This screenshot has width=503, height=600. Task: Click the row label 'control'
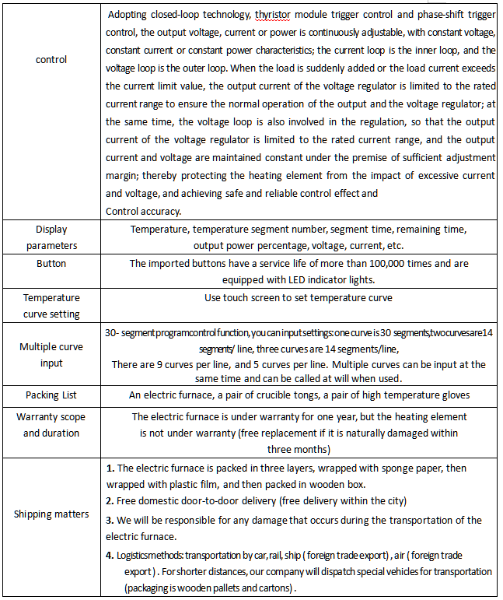click(x=51, y=59)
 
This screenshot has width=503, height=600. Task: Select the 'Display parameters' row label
click(x=51, y=237)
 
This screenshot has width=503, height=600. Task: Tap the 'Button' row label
click(x=51, y=264)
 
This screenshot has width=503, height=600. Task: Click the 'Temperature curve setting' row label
click(x=51, y=306)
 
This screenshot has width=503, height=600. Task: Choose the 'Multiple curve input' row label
click(x=51, y=355)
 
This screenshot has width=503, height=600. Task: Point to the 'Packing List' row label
click(x=51, y=395)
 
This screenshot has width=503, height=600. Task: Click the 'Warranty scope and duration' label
click(x=51, y=425)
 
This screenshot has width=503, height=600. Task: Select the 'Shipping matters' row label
click(x=51, y=514)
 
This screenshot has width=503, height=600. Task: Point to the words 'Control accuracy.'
click(x=143, y=210)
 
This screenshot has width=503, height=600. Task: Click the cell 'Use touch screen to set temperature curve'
click(x=299, y=297)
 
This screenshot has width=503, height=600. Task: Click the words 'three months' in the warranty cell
click(x=299, y=449)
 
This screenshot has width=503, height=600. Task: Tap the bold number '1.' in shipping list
click(x=110, y=469)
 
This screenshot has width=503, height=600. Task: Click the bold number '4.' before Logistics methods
click(x=110, y=555)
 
